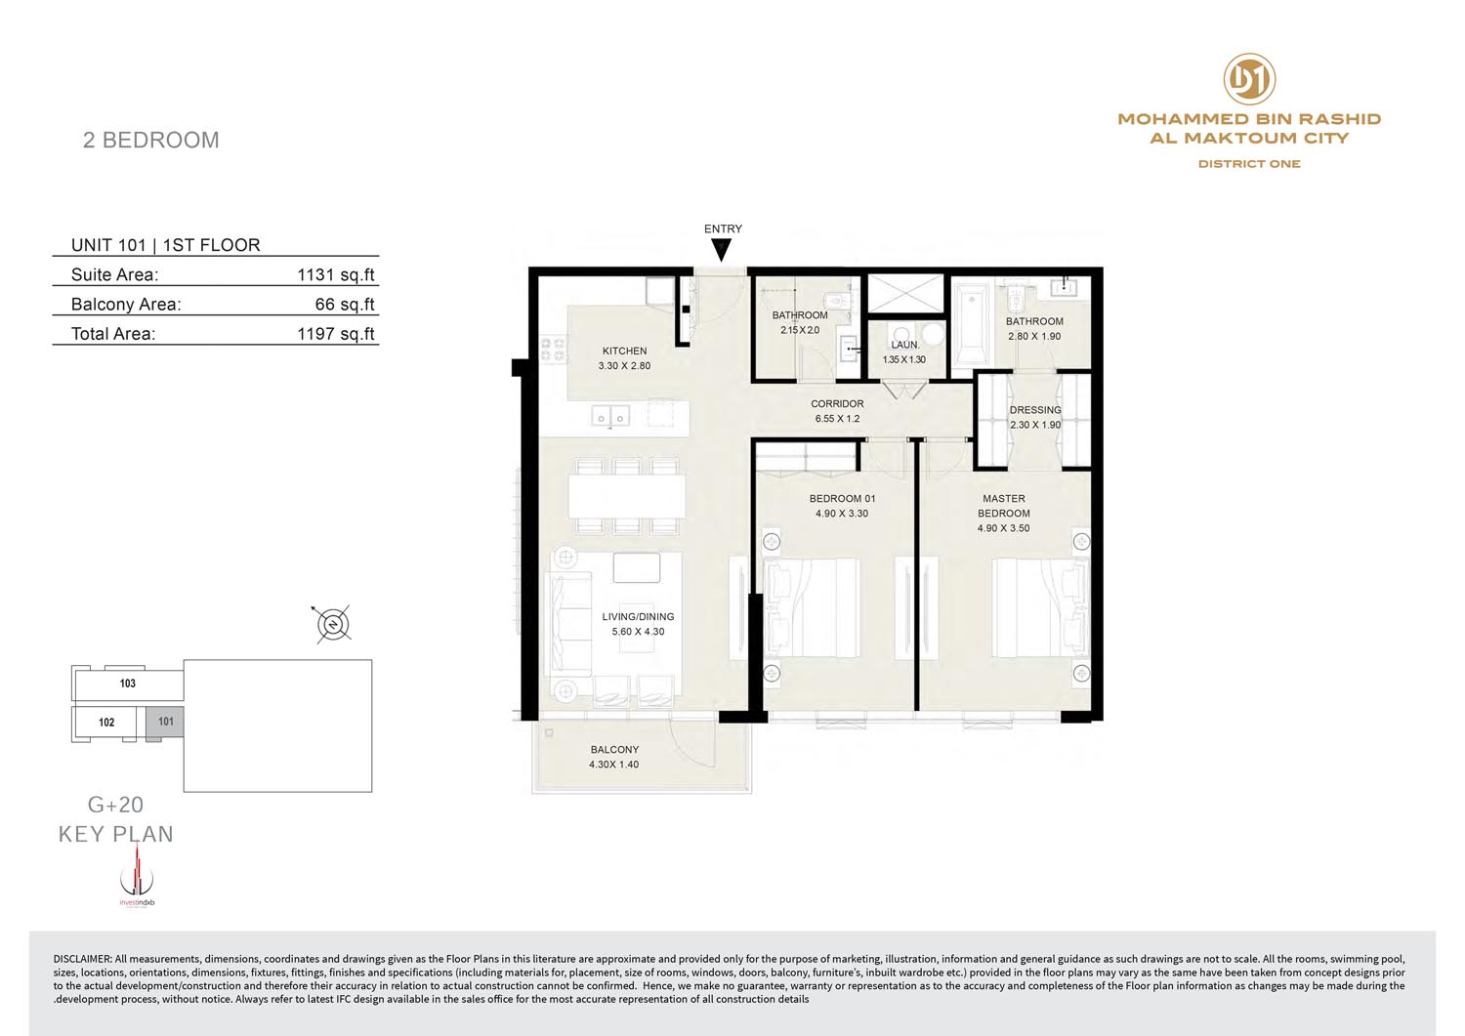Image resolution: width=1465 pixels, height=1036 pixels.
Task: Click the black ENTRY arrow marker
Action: click(x=722, y=250)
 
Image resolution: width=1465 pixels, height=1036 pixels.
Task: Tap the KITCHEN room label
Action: click(x=625, y=352)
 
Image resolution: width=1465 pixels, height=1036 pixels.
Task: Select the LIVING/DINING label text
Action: click(x=639, y=617)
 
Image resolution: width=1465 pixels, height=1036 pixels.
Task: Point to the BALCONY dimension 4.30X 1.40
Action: click(x=614, y=765)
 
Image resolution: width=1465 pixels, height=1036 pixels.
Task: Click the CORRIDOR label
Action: click(x=837, y=404)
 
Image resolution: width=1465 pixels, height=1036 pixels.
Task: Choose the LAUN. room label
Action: click(x=905, y=345)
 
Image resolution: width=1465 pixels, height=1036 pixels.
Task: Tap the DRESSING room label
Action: click(x=1035, y=410)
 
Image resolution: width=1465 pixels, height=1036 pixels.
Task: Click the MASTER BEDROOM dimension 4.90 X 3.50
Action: click(x=1003, y=528)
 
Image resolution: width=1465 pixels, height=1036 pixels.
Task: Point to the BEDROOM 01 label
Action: click(x=842, y=498)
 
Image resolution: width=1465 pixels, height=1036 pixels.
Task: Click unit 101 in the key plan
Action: click(x=165, y=723)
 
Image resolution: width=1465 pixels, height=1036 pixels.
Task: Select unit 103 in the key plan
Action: click(x=128, y=684)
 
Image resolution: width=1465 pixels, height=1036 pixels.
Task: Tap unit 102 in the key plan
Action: click(x=106, y=723)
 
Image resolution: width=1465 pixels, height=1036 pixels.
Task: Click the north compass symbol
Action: click(x=334, y=624)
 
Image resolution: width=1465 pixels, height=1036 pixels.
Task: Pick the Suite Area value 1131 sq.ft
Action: click(x=336, y=274)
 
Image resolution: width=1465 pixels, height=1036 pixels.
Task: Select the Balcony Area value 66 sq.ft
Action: click(x=345, y=304)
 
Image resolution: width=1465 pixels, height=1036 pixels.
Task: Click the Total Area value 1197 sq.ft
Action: click(x=336, y=334)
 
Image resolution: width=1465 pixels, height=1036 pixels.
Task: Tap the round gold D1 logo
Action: click(x=1249, y=79)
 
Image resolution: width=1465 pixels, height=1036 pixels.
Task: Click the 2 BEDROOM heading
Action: click(x=151, y=140)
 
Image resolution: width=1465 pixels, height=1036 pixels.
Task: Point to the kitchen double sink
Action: click(x=610, y=417)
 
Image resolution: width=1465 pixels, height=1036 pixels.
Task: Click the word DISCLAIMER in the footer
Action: click(x=82, y=959)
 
